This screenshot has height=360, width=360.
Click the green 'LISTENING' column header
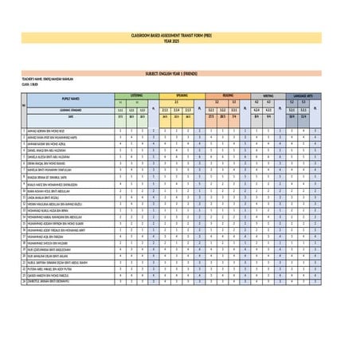pos(136,93)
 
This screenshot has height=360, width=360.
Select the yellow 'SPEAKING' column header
pos(182,93)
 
